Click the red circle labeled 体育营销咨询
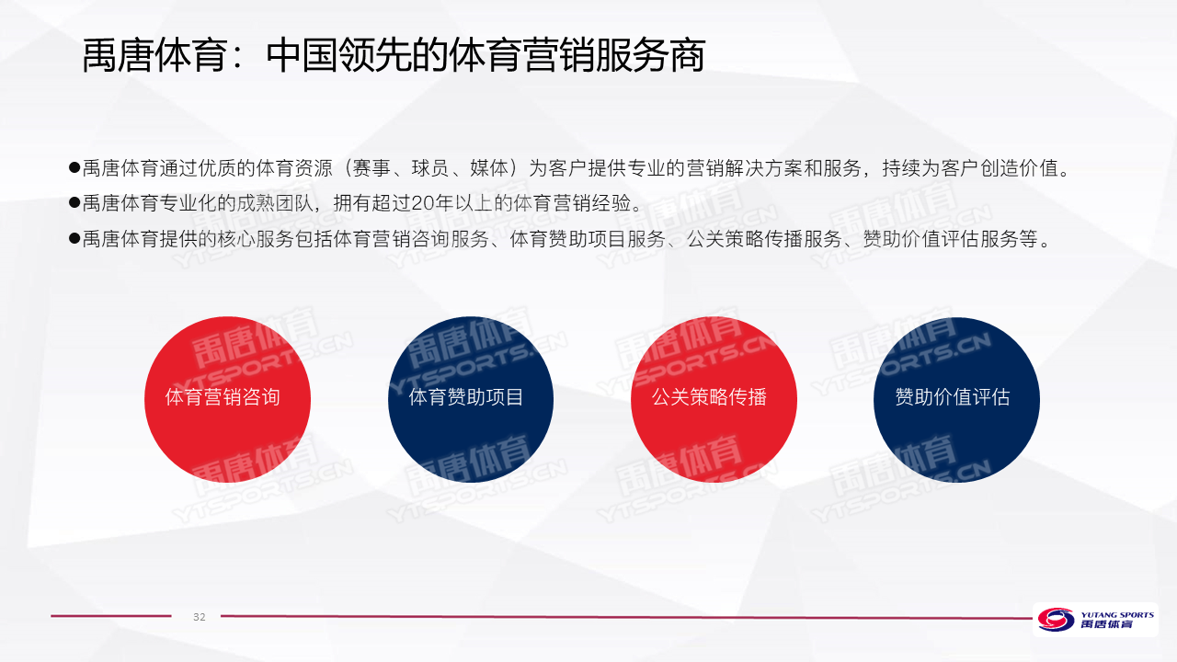tap(227, 399)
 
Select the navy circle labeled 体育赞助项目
tap(471, 399)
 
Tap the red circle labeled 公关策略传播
tap(714, 399)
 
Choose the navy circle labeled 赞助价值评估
tap(956, 399)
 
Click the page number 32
tap(200, 617)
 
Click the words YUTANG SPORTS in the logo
tap(1117, 614)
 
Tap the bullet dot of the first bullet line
tap(74, 168)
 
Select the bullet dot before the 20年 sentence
tap(74, 203)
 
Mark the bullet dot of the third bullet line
tap(74, 238)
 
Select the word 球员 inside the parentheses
tap(430, 168)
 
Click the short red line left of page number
tap(111, 616)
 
